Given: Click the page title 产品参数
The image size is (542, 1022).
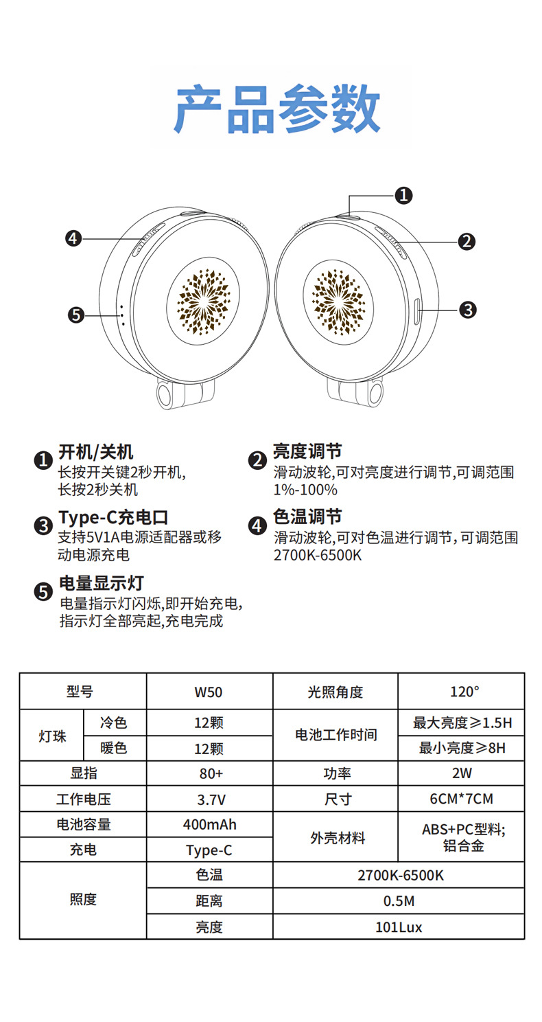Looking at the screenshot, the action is click(277, 110).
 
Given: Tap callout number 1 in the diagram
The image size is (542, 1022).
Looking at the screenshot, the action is click(404, 195).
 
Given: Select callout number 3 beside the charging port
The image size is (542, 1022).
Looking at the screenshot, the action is click(467, 309).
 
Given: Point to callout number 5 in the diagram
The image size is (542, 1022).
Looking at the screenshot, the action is click(76, 315).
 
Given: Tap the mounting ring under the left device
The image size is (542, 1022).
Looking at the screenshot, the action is click(167, 395).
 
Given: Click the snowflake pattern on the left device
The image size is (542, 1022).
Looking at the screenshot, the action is click(203, 300).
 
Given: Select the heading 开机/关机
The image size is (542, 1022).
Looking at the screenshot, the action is click(96, 451).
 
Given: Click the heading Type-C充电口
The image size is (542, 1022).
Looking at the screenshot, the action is click(113, 517).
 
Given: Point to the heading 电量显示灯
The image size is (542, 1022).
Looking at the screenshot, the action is click(101, 583).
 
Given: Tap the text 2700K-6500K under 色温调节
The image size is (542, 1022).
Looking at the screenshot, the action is click(317, 555).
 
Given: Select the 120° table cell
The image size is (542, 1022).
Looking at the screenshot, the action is click(462, 692).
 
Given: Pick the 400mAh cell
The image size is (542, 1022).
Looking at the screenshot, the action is click(209, 824).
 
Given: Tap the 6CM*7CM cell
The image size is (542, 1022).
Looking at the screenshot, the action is click(461, 799).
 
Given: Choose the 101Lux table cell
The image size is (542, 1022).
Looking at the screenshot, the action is click(399, 927).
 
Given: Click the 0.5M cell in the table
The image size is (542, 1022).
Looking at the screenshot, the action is click(399, 901).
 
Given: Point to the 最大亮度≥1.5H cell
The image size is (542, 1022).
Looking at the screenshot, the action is click(462, 723).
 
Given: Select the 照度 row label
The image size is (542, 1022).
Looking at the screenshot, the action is click(83, 900).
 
